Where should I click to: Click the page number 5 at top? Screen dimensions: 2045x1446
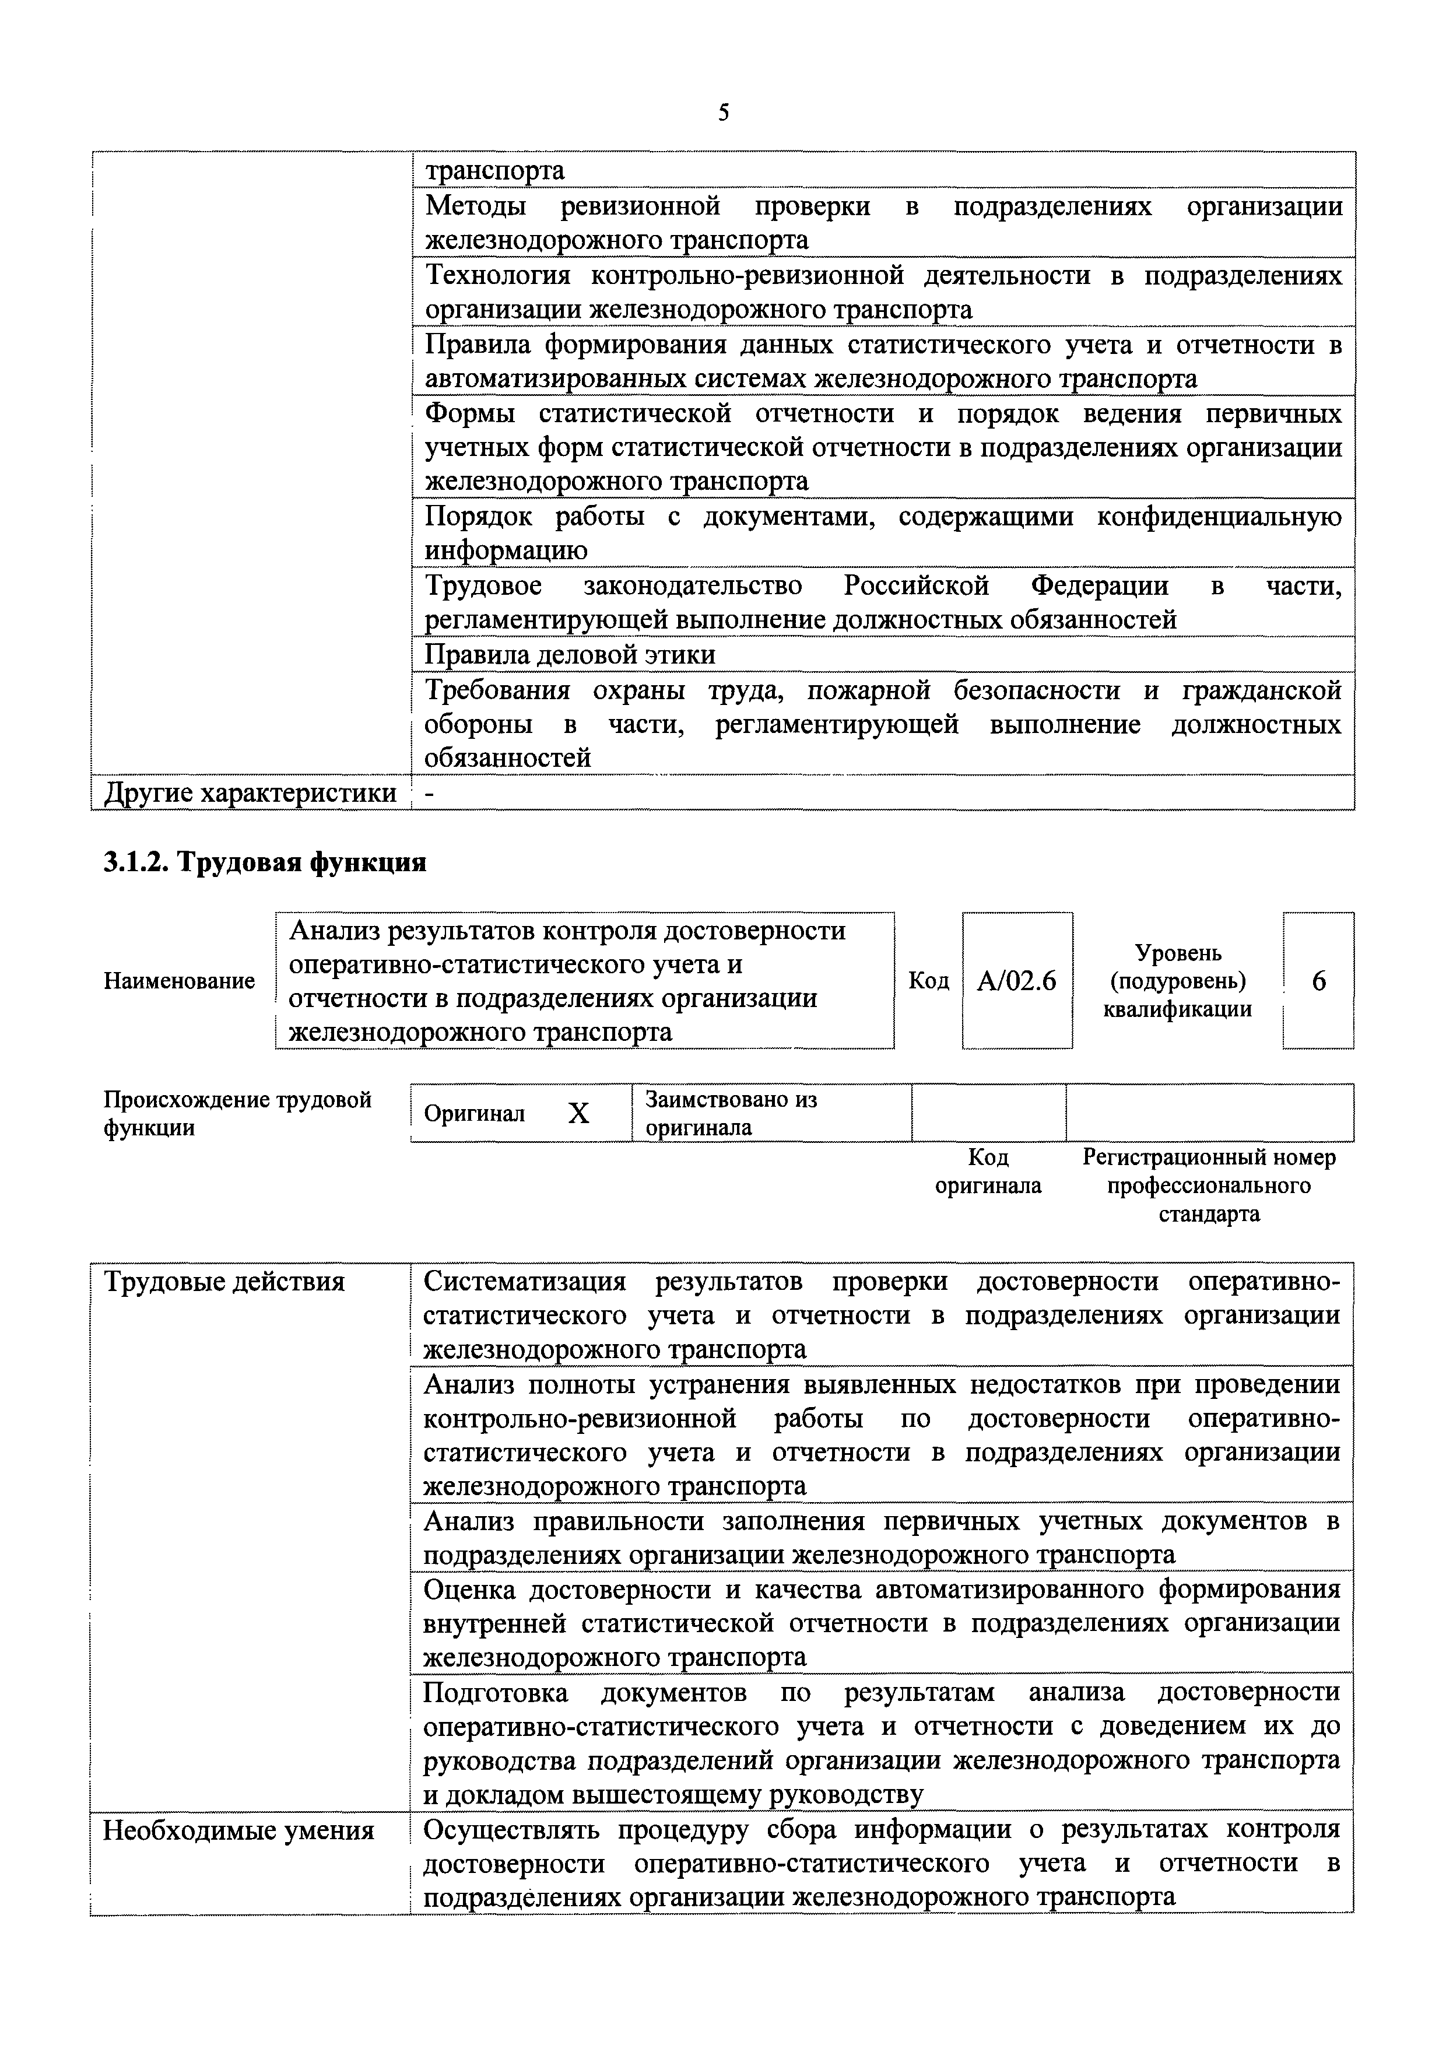click(x=723, y=113)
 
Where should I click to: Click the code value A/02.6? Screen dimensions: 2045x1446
click(x=1017, y=981)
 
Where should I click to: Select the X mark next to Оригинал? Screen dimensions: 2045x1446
click(x=579, y=1113)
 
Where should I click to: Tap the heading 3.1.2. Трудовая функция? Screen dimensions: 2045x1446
click(x=265, y=862)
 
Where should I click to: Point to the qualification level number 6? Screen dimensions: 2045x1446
click(x=1319, y=981)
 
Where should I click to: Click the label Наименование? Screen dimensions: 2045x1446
click(x=179, y=981)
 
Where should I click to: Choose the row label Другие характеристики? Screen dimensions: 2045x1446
click(x=250, y=792)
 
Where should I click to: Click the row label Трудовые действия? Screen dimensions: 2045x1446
click(x=224, y=1282)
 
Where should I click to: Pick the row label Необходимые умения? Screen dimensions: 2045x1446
click(x=238, y=1831)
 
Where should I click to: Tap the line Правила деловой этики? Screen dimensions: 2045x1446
click(x=570, y=655)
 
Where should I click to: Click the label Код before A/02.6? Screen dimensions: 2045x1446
click(x=928, y=981)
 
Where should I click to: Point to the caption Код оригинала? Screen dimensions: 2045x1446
click(x=988, y=1171)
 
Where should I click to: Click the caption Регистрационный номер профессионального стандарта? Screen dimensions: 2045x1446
click(x=1209, y=1185)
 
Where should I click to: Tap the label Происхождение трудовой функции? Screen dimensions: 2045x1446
click(x=238, y=1113)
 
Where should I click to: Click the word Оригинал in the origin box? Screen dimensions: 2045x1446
click(x=475, y=1113)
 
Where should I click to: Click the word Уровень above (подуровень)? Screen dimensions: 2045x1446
click(x=1178, y=952)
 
